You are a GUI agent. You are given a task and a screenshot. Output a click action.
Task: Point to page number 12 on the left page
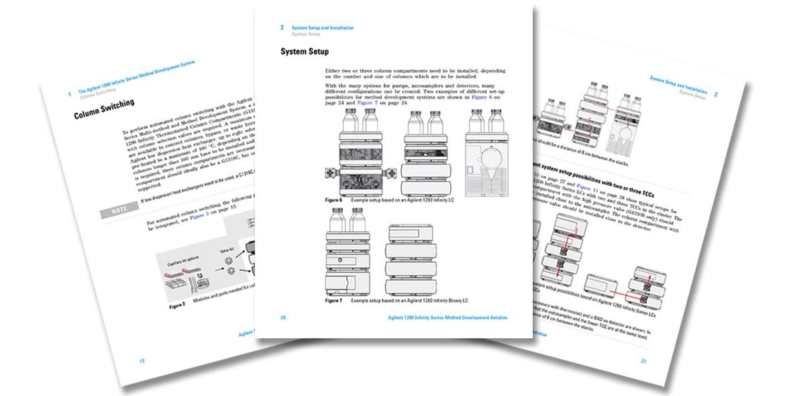[142, 360]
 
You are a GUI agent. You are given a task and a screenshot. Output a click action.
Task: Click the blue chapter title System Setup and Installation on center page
[322, 28]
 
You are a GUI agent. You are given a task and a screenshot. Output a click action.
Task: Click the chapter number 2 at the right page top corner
[715, 95]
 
